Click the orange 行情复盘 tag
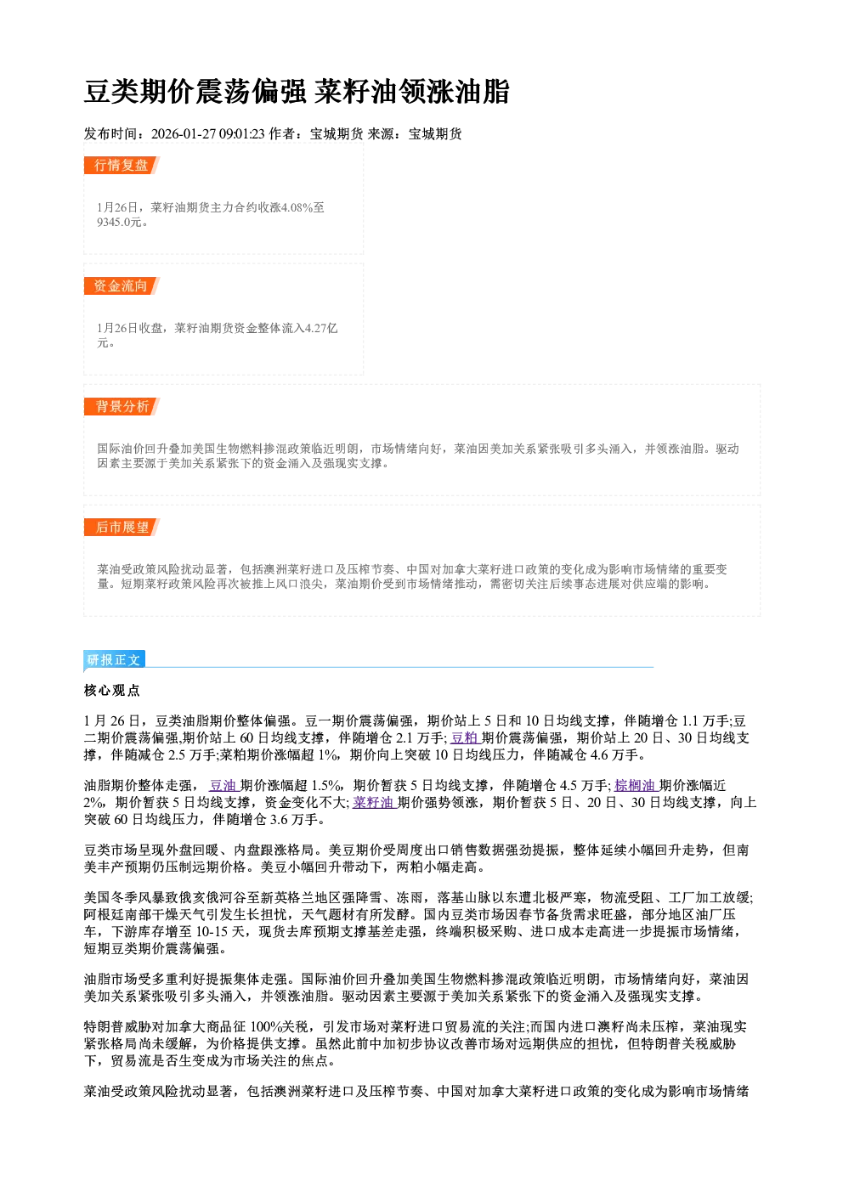pyautogui.click(x=122, y=165)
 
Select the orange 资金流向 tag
pyautogui.click(x=122, y=285)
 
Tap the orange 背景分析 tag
pyautogui.click(x=122, y=407)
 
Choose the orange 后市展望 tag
pyautogui.click(x=122, y=528)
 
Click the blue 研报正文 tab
pyautogui.click(x=114, y=660)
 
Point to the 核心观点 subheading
pyautogui.click(x=112, y=691)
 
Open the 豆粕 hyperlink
pyautogui.click(x=465, y=738)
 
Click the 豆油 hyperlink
pyautogui.click(x=223, y=785)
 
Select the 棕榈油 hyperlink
pyautogui.click(x=636, y=785)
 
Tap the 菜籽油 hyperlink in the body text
pyautogui.click(x=374, y=803)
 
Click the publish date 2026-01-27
pyautogui.click(x=184, y=134)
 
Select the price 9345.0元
pyautogui.click(x=120, y=223)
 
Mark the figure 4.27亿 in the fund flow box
pyautogui.click(x=321, y=328)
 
